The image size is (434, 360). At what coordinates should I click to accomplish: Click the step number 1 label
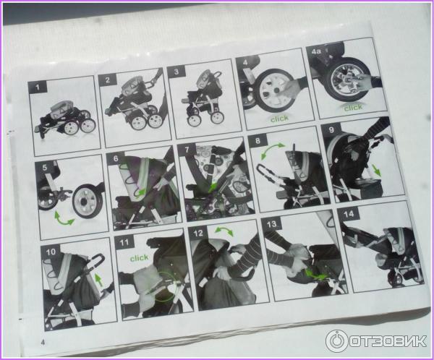click(38, 87)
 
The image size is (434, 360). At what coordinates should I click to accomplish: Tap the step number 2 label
click(108, 80)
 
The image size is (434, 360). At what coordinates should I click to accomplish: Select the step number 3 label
click(176, 72)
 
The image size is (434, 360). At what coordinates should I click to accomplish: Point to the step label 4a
click(316, 51)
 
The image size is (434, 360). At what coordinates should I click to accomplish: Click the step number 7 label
click(187, 150)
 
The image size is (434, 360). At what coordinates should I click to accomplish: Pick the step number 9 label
click(331, 129)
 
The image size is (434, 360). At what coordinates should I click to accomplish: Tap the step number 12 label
click(198, 233)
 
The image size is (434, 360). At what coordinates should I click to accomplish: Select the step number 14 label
click(349, 214)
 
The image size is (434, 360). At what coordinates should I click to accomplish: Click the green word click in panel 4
click(279, 119)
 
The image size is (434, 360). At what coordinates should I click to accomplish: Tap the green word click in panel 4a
click(353, 108)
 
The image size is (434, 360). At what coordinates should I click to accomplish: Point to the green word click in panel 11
click(139, 258)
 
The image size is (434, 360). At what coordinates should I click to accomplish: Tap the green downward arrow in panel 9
click(376, 170)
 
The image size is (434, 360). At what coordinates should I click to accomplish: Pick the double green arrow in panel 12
click(224, 231)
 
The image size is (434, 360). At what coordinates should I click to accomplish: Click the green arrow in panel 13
click(315, 275)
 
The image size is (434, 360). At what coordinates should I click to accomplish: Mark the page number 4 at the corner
click(43, 343)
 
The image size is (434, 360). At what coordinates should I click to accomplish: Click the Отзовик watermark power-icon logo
click(337, 341)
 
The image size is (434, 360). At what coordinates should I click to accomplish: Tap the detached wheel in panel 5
click(87, 201)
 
